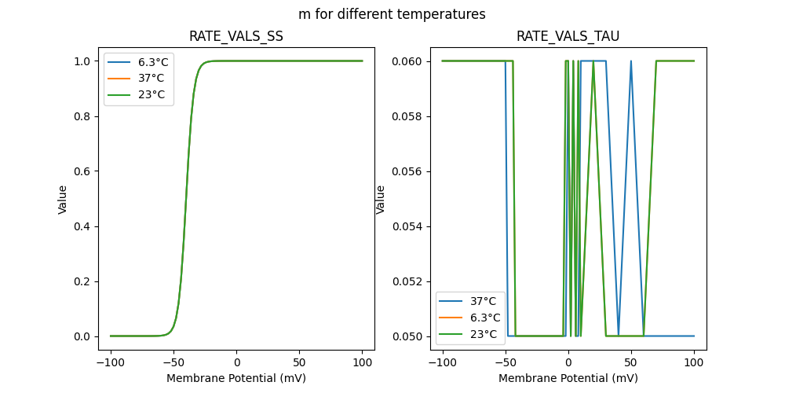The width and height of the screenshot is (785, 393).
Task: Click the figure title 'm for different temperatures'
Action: pos(392,14)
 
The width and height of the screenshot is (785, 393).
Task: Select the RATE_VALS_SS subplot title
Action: pos(236,36)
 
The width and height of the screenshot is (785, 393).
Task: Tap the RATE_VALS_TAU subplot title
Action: pos(568,36)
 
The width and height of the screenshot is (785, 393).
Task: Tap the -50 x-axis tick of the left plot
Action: pos(173,363)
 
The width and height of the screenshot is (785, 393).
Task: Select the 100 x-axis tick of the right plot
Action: pos(694,363)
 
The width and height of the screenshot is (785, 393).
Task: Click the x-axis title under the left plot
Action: pos(236,378)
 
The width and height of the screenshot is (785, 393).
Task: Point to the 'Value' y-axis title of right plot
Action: pos(381,199)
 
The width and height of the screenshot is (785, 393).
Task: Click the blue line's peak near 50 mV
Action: pos(631,61)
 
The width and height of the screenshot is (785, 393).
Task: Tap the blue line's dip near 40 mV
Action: pos(619,336)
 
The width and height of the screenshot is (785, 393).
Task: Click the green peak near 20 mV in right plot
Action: pos(593,61)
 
